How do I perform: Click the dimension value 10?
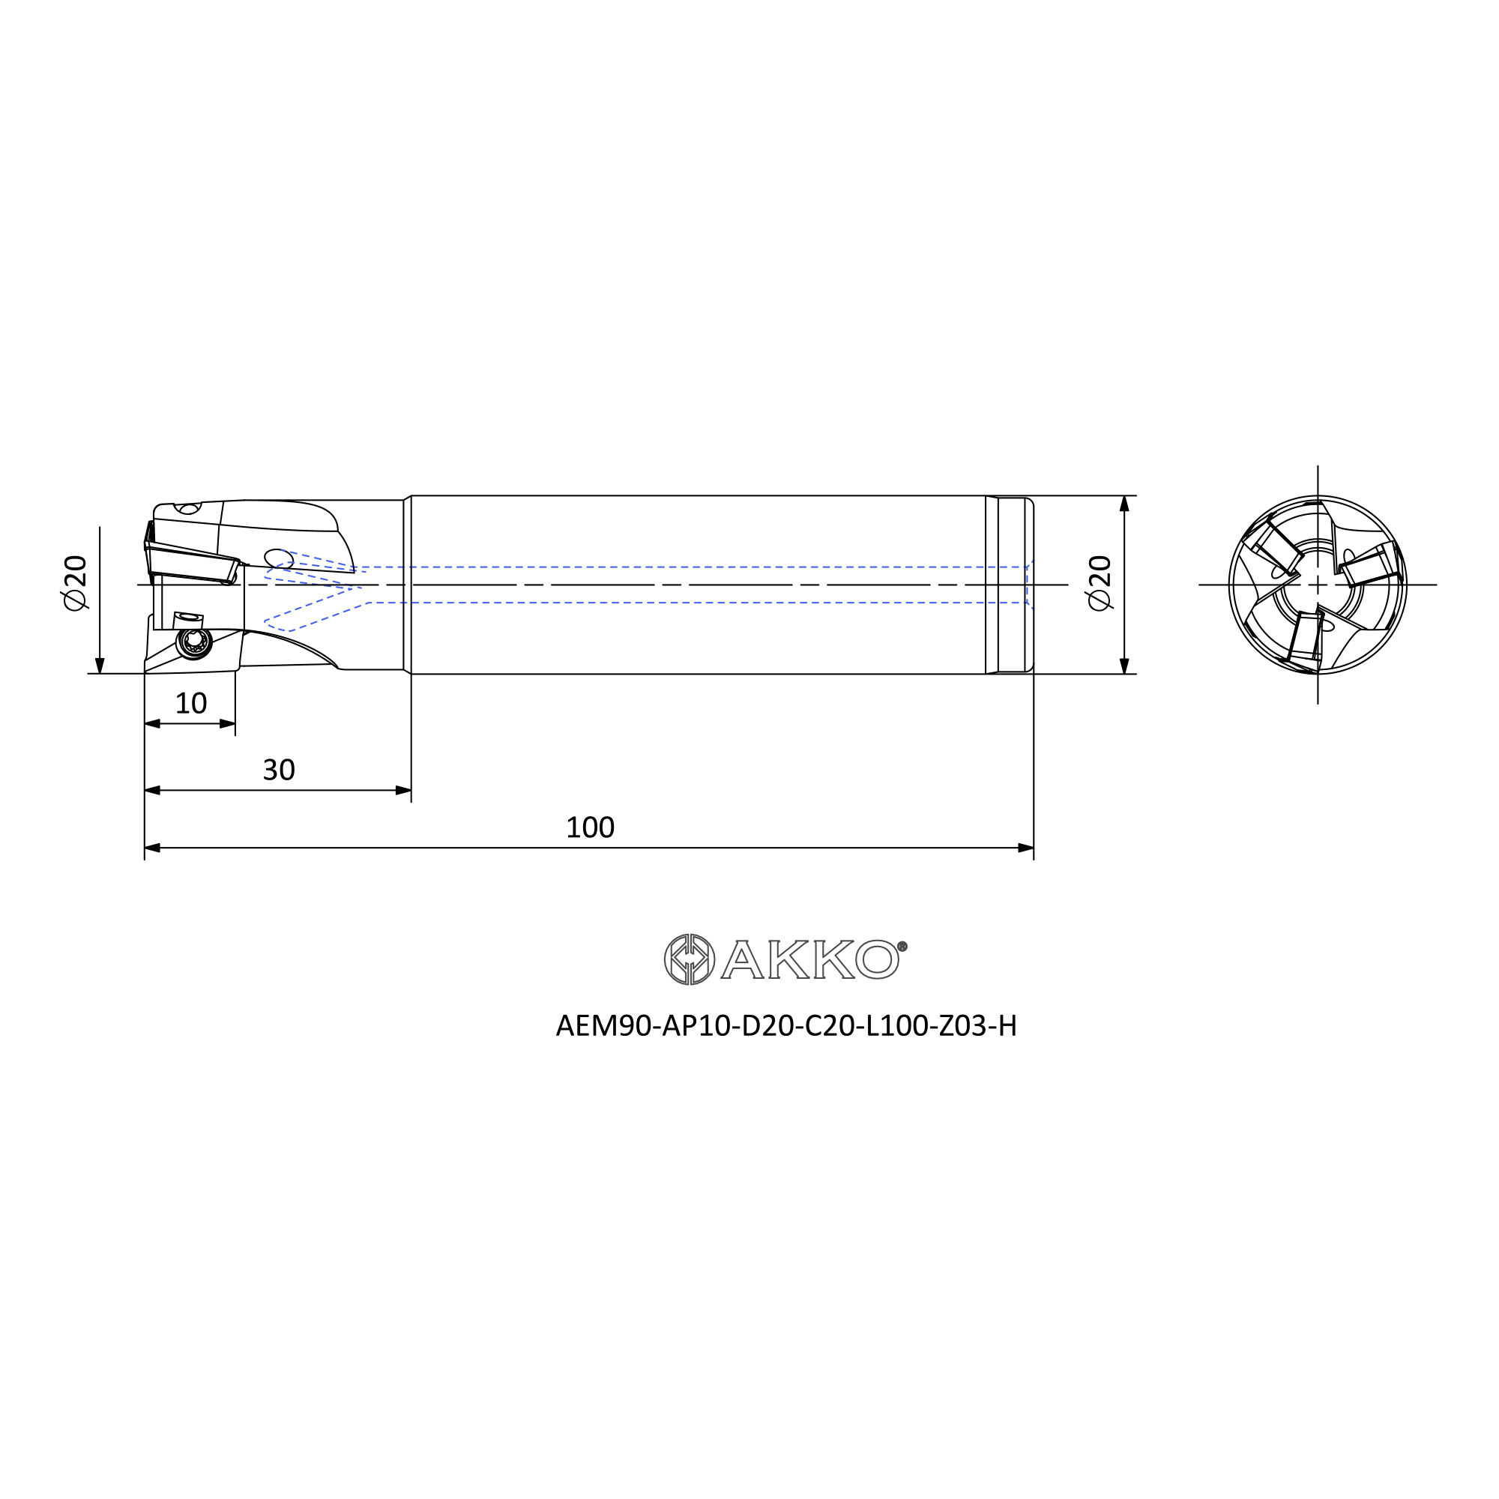pos(191,704)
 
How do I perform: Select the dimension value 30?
pos(279,770)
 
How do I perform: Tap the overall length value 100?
pos(590,828)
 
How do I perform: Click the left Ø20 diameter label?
pos(75,582)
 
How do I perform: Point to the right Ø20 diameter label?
pos(1100,582)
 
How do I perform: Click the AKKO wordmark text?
pos(809,960)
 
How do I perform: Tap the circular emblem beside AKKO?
pos(690,960)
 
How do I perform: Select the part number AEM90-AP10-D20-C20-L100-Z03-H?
pos(786,1026)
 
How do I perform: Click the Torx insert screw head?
pos(194,642)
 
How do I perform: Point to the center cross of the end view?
pos(1318,585)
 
